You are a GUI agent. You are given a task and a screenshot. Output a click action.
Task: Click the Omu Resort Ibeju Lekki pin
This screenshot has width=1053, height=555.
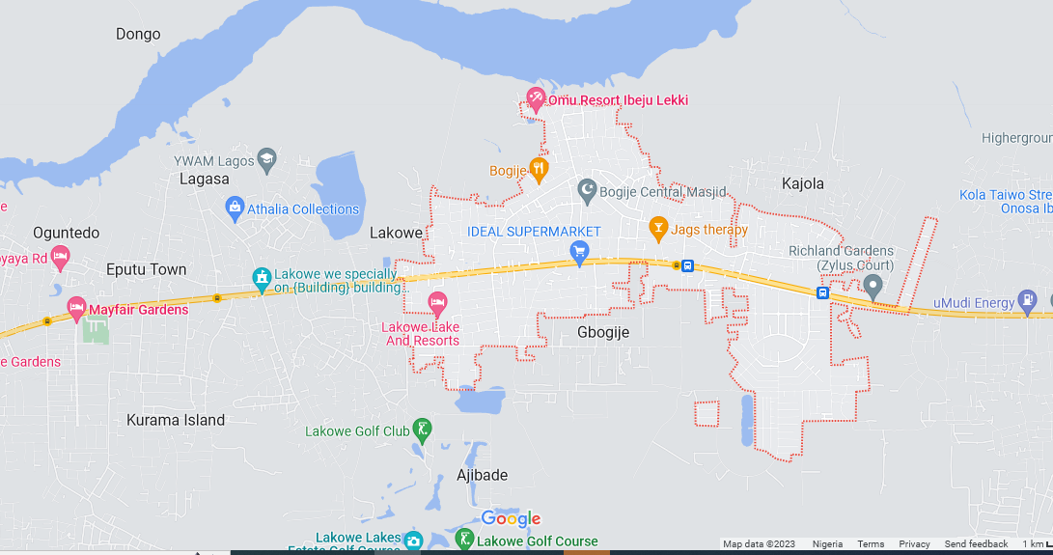536,98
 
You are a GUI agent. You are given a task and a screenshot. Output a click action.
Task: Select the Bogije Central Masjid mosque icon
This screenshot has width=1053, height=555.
587,191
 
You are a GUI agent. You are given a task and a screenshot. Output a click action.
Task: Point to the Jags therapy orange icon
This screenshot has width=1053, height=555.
658,229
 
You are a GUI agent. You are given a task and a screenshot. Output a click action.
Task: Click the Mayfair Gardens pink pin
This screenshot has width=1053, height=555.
76,309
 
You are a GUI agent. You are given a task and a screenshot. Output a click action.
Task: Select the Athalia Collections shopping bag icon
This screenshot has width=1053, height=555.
234,208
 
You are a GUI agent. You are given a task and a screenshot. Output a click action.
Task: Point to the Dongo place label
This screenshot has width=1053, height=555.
138,34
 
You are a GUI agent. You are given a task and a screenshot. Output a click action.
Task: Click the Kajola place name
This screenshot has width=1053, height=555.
803,182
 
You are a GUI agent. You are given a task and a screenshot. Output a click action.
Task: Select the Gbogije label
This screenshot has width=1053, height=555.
603,332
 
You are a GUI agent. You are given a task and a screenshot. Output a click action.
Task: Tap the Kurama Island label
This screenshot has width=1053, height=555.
176,420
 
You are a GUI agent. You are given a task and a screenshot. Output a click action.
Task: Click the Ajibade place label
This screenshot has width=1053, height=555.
482,475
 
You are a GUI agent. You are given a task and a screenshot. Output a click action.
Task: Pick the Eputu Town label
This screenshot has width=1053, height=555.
147,269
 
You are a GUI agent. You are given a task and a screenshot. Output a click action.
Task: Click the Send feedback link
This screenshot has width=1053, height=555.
976,544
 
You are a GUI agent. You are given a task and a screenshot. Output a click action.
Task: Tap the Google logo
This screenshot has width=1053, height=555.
511,519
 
